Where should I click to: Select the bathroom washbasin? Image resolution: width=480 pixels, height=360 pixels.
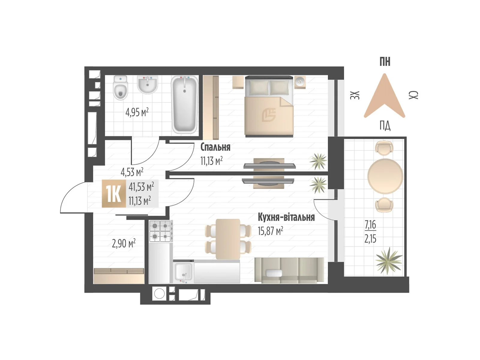point(147,84)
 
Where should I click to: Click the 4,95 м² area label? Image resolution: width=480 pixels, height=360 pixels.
point(137,112)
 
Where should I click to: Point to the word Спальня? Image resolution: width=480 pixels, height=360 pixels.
point(215,147)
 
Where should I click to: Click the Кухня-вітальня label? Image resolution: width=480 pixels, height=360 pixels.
point(286,217)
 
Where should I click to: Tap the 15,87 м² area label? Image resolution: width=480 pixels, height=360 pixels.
point(270,231)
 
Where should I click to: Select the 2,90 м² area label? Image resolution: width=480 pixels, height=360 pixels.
point(124,243)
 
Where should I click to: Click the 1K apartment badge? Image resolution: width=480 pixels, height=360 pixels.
point(114,194)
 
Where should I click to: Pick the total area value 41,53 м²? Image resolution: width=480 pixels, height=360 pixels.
point(141,187)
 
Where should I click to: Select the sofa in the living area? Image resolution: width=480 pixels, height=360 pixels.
point(289,270)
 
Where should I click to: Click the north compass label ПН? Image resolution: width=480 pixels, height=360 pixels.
point(385,62)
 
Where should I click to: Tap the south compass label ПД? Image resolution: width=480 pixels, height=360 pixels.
point(385,126)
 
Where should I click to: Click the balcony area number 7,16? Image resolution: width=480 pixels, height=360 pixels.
point(370,224)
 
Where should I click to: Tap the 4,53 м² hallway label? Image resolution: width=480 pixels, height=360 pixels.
point(132,172)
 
